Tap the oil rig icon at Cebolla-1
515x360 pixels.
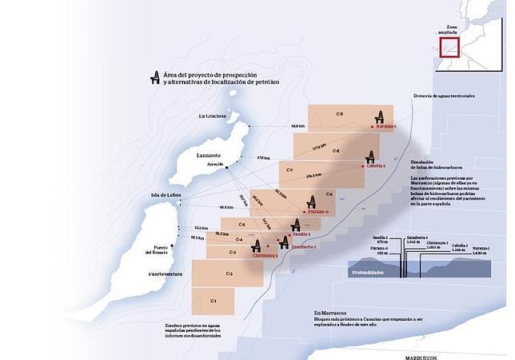click(370, 158)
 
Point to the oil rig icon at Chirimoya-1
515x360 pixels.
click(257, 246)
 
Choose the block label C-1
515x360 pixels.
click(214, 300)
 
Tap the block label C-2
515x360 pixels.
click(229, 274)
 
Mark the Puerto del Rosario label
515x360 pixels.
click(155, 250)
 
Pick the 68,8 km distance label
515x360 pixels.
click(297, 126)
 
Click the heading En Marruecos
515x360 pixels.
click(329, 313)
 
